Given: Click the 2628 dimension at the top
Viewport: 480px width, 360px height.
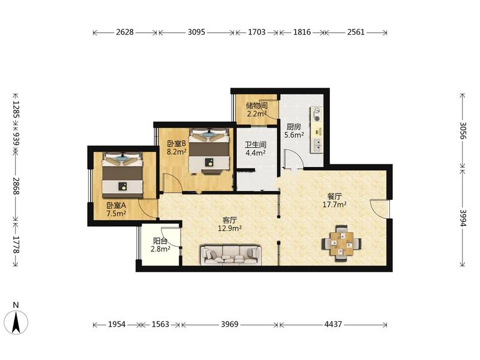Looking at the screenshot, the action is point(125,32).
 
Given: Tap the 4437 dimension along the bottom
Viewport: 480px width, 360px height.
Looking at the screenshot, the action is point(333,324).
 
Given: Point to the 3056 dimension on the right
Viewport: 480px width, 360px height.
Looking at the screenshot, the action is point(463,131).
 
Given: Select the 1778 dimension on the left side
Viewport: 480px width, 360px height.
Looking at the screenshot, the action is point(16,245).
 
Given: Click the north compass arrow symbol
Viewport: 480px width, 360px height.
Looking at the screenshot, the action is point(16,322).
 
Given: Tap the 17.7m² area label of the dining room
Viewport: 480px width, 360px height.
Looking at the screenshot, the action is point(335,205).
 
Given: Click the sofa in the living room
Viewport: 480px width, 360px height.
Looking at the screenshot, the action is point(231,255).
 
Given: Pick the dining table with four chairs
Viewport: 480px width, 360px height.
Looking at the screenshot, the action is point(341,244).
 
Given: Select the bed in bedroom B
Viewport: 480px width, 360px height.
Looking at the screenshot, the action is point(209,151).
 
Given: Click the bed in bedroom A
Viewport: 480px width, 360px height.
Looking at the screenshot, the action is point(122,175).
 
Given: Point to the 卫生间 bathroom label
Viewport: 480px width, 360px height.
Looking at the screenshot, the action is point(256,144).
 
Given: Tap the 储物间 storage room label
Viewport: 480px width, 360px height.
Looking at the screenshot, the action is point(257,106).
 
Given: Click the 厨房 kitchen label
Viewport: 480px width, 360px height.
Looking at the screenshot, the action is point(294,127).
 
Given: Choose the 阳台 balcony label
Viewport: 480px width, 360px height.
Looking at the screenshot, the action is point(160,241).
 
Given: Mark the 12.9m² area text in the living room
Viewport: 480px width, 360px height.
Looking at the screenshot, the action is point(230,228).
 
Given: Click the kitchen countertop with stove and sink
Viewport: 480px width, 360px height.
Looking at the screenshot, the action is point(317,129).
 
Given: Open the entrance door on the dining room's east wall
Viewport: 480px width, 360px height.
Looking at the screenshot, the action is point(380,209).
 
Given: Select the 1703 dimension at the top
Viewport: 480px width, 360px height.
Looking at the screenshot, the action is point(257,32).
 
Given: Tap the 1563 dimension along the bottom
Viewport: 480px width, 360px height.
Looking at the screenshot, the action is point(160,324).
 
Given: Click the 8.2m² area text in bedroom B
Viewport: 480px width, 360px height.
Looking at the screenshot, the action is point(176,152).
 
